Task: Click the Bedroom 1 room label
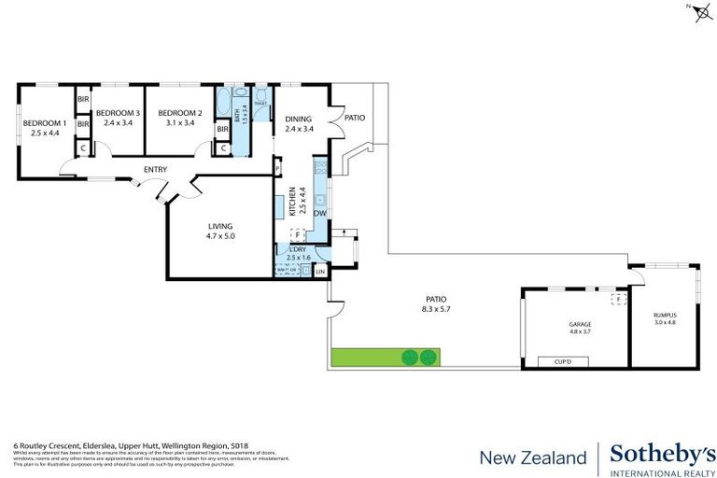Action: point(45,123)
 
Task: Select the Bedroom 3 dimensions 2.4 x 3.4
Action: point(119,122)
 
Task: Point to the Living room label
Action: point(220,226)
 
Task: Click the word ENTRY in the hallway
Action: point(155,169)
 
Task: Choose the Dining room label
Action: point(299,119)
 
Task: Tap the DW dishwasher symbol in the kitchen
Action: point(320,214)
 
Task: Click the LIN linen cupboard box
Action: point(320,272)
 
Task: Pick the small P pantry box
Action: point(277,169)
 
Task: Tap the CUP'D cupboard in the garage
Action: point(562,361)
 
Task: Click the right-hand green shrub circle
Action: point(428,357)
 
